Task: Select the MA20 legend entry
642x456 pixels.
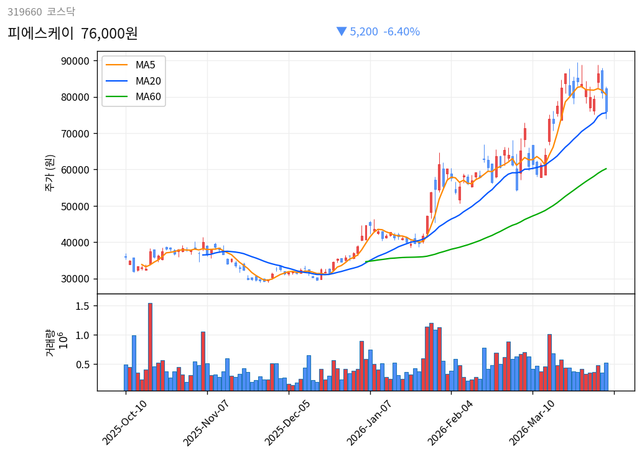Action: (x=148, y=81)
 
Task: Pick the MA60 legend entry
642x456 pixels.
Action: (x=148, y=97)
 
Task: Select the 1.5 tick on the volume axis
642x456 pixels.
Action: (x=83, y=306)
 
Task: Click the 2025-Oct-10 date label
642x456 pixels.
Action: (x=125, y=422)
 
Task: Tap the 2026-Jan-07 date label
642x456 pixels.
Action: (x=370, y=422)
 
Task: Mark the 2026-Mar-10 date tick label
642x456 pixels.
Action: (x=533, y=422)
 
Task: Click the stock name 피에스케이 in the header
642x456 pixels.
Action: (x=40, y=33)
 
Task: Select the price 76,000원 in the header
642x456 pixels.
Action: (x=109, y=33)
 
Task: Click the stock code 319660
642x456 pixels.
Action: (x=24, y=11)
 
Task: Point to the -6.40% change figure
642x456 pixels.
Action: (x=401, y=32)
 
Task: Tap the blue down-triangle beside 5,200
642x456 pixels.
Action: (x=341, y=31)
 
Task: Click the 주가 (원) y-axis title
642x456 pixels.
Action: (x=49, y=172)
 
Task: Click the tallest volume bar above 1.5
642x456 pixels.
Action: (x=150, y=347)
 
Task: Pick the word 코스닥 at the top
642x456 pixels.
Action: (x=61, y=11)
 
